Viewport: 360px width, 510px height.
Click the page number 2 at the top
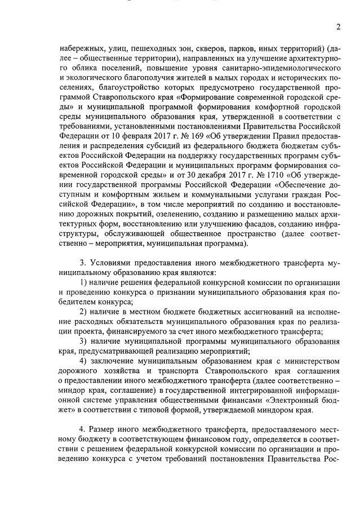pyautogui.click(x=339, y=27)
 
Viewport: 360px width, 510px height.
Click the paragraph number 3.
pyautogui.click(x=83, y=264)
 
